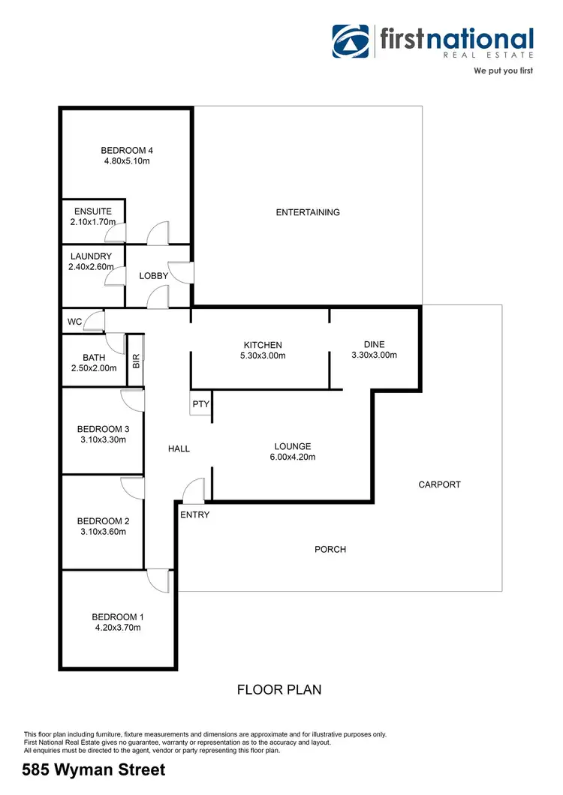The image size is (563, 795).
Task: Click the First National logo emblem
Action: pyautogui.click(x=352, y=41)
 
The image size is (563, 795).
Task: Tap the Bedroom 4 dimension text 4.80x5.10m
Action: pyautogui.click(x=127, y=161)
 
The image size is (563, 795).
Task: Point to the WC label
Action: pyautogui.click(x=74, y=322)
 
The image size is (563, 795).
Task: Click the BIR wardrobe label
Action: pyautogui.click(x=136, y=361)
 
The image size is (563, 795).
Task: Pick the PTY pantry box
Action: pyautogui.click(x=200, y=404)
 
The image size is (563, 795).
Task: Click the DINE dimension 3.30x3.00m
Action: pyautogui.click(x=374, y=355)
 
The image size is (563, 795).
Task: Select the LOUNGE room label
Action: pyautogui.click(x=292, y=446)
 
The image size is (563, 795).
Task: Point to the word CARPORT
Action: pyautogui.click(x=439, y=484)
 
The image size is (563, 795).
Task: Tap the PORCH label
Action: pyautogui.click(x=330, y=550)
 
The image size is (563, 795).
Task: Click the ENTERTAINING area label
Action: pyautogui.click(x=308, y=212)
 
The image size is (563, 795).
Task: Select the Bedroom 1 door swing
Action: pyautogui.click(x=159, y=580)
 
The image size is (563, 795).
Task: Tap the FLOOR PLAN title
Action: pyautogui.click(x=279, y=689)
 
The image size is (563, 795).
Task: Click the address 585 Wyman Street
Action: pyautogui.click(x=93, y=769)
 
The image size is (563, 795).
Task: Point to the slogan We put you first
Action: pyautogui.click(x=503, y=71)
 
